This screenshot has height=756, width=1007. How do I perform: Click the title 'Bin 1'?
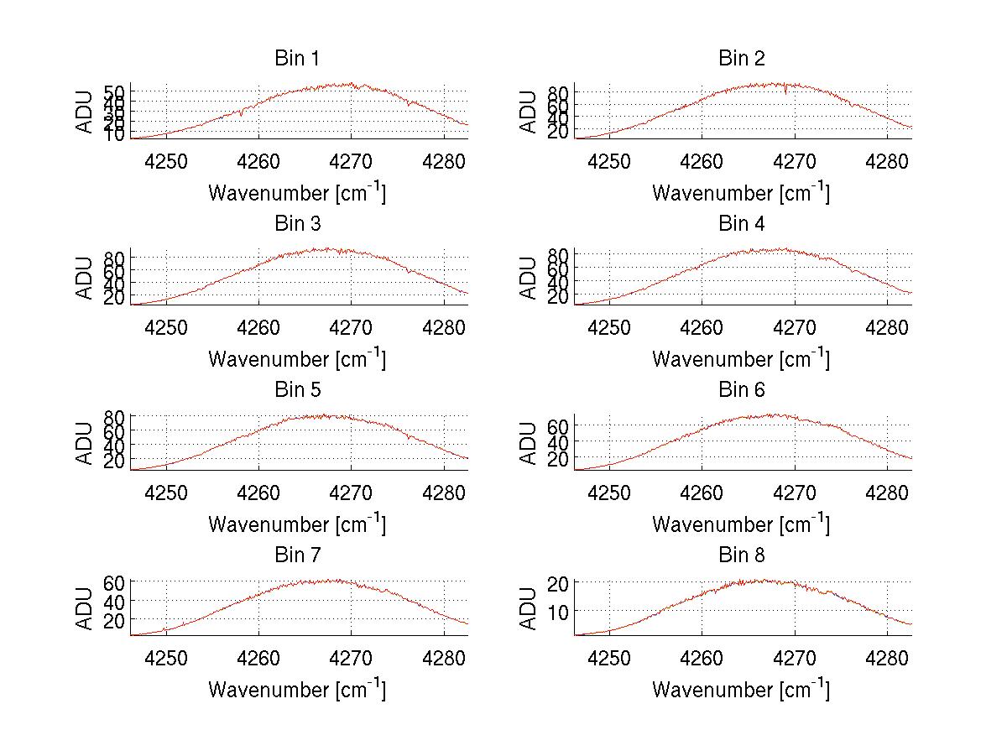click(296, 58)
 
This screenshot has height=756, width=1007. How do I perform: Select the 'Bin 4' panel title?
click(741, 224)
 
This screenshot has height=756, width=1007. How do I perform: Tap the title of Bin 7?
click(296, 555)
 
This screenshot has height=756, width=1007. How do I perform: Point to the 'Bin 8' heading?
click(741, 555)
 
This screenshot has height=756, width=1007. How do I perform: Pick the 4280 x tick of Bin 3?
click(444, 326)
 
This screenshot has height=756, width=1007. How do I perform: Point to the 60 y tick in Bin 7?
click(114, 581)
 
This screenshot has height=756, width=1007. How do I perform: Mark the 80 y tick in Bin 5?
click(114, 416)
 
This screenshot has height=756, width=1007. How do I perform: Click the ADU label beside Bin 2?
click(528, 111)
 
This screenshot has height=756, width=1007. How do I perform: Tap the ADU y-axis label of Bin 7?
click(85, 608)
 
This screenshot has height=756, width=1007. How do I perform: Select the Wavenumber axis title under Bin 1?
click(296, 192)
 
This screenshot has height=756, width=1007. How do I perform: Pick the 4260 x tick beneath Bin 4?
click(702, 326)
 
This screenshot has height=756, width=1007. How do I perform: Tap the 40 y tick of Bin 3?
click(114, 284)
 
